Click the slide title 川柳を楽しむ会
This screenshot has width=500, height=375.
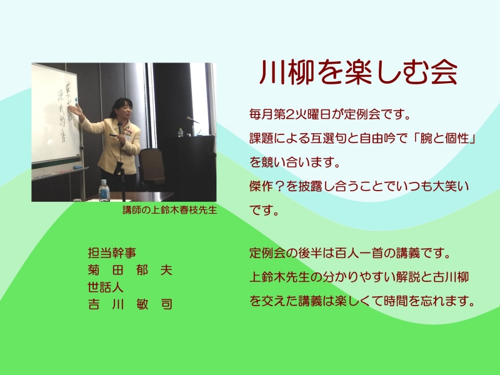(x=358, y=72)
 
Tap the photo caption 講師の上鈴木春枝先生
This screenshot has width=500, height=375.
(x=169, y=210)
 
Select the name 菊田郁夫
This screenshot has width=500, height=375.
(x=130, y=270)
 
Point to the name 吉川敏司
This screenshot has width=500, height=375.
(x=130, y=304)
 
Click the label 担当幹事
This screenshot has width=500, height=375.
(x=112, y=253)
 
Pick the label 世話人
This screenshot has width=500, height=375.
(x=106, y=287)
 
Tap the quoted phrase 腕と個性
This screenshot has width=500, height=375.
(x=444, y=138)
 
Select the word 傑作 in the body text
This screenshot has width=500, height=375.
(x=261, y=186)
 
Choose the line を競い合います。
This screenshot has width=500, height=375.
(x=295, y=162)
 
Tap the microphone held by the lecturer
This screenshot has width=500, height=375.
(x=120, y=128)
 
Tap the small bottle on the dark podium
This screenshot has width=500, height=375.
(x=181, y=132)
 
